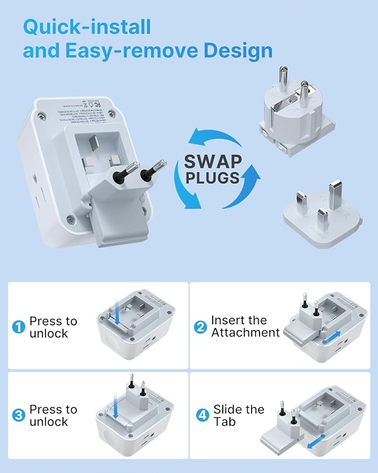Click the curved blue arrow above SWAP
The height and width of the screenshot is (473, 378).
click(x=214, y=138)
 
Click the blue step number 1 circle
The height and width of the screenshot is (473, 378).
click(x=19, y=328)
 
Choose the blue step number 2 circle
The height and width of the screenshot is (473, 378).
click(x=200, y=327)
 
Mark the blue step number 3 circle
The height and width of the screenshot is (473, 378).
click(x=19, y=416)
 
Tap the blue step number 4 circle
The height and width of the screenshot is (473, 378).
click(x=200, y=416)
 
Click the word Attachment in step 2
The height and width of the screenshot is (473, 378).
click(x=246, y=333)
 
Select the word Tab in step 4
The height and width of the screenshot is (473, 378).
click(x=224, y=422)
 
